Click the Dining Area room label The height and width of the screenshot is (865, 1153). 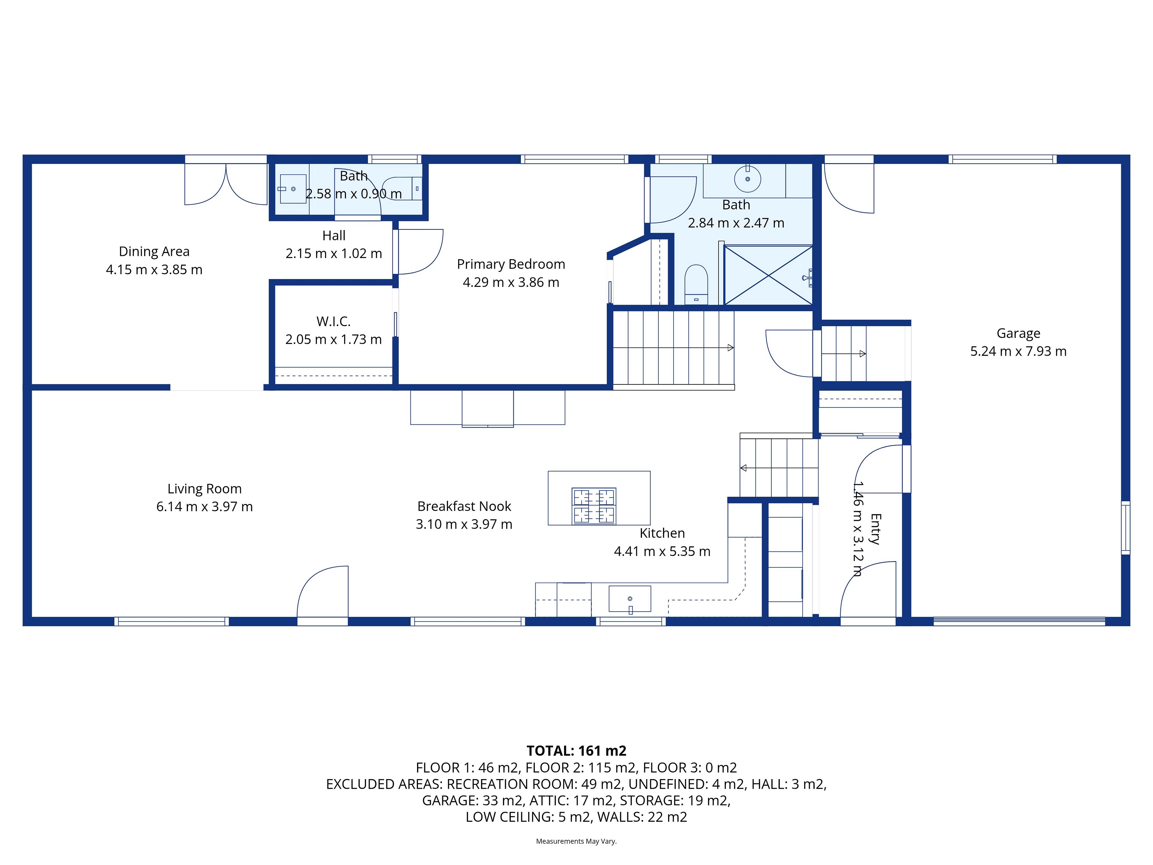click(154, 251)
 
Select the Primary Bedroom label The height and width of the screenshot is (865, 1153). click(511, 264)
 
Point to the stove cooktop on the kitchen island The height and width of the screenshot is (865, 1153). click(594, 506)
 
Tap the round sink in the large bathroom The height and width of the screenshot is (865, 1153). click(747, 179)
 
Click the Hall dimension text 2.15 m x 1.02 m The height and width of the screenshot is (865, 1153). click(334, 253)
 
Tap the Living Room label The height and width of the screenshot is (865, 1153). click(204, 489)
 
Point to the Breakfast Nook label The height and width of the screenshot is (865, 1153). click(464, 506)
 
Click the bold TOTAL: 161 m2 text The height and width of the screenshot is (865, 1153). click(576, 751)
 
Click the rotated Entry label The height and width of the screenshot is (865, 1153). click(876, 529)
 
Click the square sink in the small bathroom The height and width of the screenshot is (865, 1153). click(293, 189)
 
